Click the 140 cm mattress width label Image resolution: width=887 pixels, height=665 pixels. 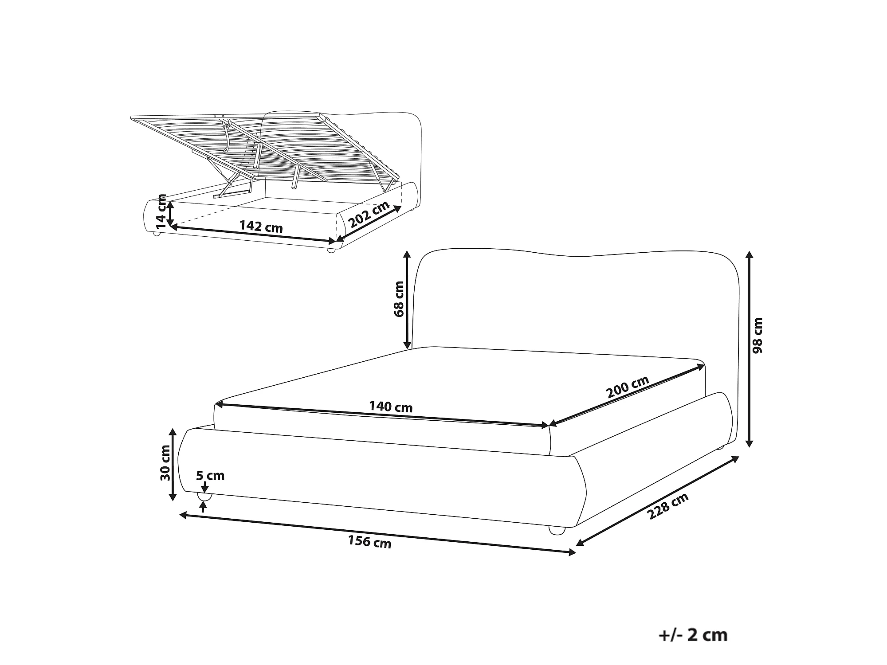[391, 407]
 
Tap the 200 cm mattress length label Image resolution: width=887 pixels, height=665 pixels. [628, 386]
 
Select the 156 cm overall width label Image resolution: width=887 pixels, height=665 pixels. [369, 542]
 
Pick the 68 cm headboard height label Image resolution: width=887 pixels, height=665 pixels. [399, 299]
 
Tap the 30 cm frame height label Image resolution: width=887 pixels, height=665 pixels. [165, 463]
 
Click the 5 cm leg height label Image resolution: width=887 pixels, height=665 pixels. [210, 476]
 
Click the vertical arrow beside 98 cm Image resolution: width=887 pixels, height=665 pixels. [749, 349]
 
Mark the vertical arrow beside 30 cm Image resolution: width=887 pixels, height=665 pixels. [173, 464]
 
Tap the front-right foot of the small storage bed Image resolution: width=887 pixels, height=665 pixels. [330, 250]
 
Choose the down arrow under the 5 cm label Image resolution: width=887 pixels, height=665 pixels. [204, 487]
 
